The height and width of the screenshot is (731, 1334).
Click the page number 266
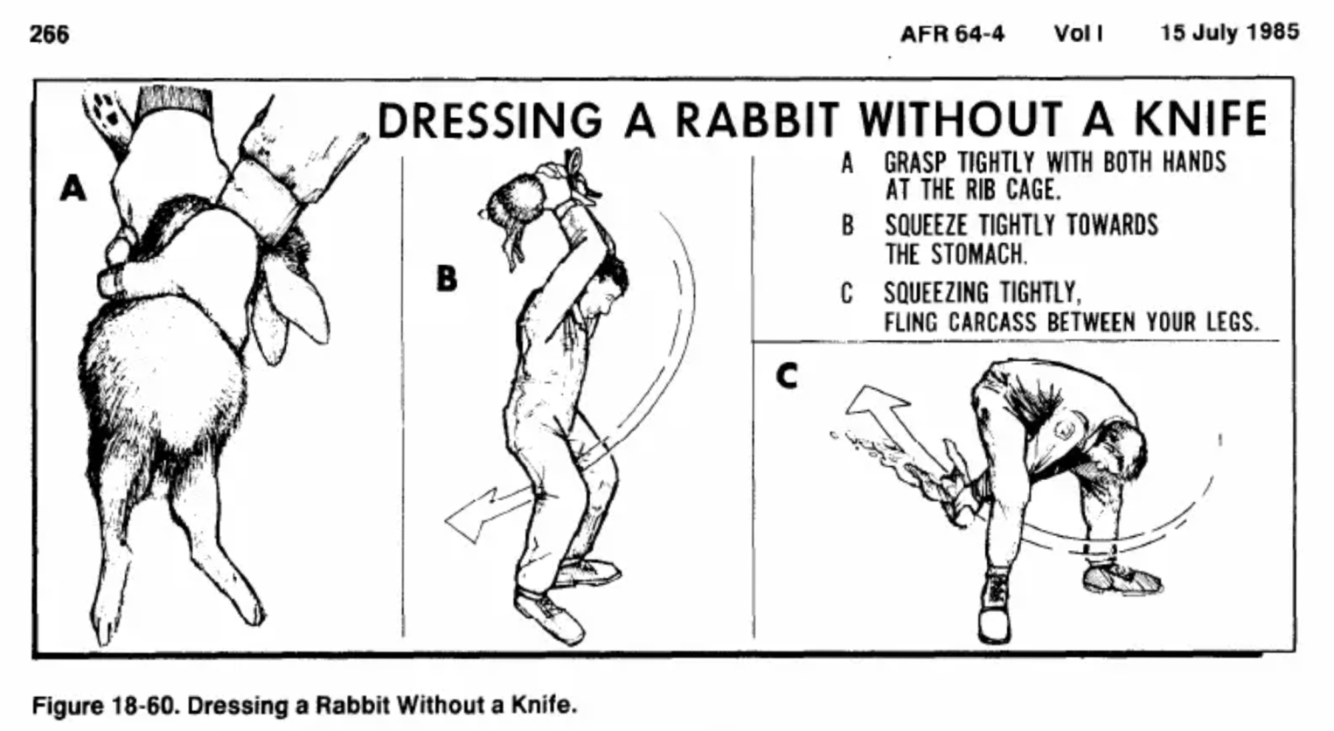point(49,34)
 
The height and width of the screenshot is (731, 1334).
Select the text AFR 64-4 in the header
point(952,34)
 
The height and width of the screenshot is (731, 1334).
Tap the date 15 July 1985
point(1229,32)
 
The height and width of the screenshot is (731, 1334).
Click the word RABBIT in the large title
point(758,119)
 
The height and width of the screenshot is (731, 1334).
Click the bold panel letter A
point(73,187)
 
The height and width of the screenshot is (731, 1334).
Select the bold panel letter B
point(446,279)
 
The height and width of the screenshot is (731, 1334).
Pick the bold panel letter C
point(787,376)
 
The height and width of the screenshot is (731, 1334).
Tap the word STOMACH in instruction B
point(978,254)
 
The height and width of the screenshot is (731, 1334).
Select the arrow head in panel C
point(874,403)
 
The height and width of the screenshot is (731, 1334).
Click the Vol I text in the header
point(1078,34)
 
